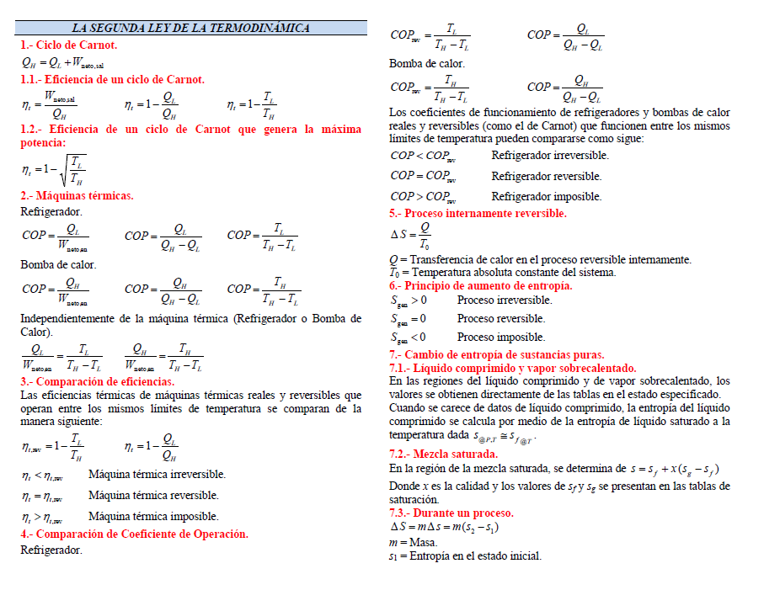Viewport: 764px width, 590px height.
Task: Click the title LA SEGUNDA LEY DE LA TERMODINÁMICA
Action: coord(191,28)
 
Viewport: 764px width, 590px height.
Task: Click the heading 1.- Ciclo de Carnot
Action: coord(69,45)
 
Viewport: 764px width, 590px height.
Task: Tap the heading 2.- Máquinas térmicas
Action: coord(77,195)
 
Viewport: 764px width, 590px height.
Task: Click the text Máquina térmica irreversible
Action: coord(154,475)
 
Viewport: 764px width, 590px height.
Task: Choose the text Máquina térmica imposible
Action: coord(153,516)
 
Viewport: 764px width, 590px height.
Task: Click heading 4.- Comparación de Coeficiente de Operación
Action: coord(134,534)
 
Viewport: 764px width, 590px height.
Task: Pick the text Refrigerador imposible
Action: coord(547,196)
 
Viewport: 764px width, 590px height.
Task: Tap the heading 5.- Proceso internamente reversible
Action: coord(478,213)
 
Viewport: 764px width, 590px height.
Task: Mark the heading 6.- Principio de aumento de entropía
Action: coord(481,285)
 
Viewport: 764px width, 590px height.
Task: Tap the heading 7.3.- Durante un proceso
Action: coord(451,513)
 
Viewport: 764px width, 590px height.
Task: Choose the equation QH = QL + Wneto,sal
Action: coord(63,61)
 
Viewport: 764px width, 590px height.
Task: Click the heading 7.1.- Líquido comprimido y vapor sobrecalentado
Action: coord(513,368)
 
